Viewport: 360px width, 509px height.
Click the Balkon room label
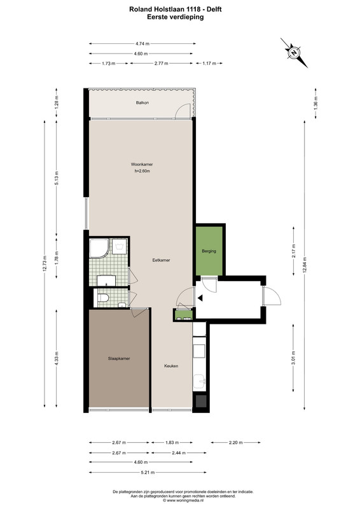(x=142, y=102)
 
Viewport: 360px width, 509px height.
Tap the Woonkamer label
(x=142, y=164)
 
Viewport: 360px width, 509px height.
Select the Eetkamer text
(x=162, y=260)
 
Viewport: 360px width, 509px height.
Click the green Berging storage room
(x=209, y=251)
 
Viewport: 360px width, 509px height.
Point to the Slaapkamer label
(x=119, y=359)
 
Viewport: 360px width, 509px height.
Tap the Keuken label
(x=171, y=366)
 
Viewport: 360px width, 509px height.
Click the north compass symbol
(x=294, y=53)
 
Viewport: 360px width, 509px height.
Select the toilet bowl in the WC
(x=103, y=298)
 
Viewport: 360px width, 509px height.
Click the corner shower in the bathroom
(x=99, y=249)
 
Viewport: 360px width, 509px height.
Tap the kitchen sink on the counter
(x=198, y=382)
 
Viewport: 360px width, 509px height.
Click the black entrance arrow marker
(x=200, y=297)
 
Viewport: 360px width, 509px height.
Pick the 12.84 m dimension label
(x=305, y=265)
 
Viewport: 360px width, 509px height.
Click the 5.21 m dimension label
(x=148, y=472)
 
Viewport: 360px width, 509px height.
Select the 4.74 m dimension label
(x=142, y=43)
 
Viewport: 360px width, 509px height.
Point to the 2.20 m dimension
(x=236, y=442)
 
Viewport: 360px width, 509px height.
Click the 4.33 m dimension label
(x=57, y=359)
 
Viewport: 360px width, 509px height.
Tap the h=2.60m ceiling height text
(x=142, y=171)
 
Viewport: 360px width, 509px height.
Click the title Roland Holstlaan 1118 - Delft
(x=176, y=9)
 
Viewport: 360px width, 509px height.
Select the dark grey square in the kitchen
(x=200, y=401)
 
